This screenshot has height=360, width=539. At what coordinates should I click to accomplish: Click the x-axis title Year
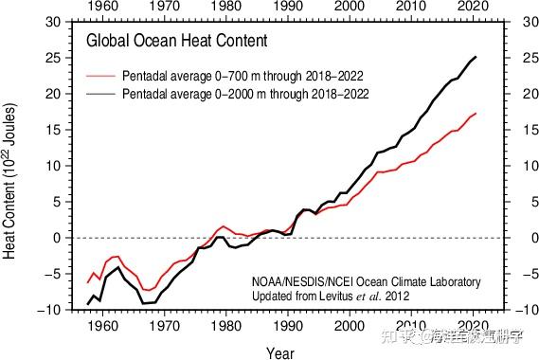[x=279, y=352]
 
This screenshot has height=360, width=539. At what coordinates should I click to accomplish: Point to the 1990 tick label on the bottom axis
[x=287, y=325]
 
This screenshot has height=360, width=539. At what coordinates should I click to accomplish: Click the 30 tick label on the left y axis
[x=54, y=22]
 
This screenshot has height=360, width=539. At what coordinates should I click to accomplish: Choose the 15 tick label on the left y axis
[x=54, y=130]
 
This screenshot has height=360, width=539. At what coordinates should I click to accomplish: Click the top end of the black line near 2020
[x=476, y=57]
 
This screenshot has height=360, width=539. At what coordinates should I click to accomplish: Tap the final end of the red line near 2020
[x=476, y=114]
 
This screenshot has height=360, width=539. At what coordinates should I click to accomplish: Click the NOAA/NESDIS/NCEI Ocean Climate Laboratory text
[x=366, y=281]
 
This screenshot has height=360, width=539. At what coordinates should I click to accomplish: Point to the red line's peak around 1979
[x=223, y=226]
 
